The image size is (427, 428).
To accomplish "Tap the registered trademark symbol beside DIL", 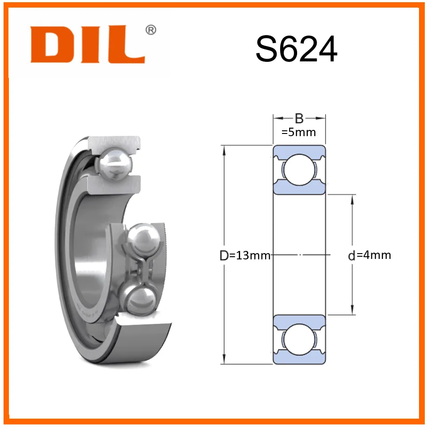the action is pos(151,30).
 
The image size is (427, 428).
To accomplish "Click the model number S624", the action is pos(296,49).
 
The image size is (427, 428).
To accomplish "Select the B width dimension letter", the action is pos(299,118).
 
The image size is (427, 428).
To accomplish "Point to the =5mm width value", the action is pos(298,133).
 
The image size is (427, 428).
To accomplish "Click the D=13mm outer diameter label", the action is pos(245,255).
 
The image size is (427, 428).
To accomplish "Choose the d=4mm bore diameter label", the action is pos(370,255).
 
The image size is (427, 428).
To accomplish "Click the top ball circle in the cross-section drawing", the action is pos(299,170).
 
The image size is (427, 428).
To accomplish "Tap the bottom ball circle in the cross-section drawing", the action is pos(299,339).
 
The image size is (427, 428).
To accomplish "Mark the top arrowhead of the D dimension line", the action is pos(224,150).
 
